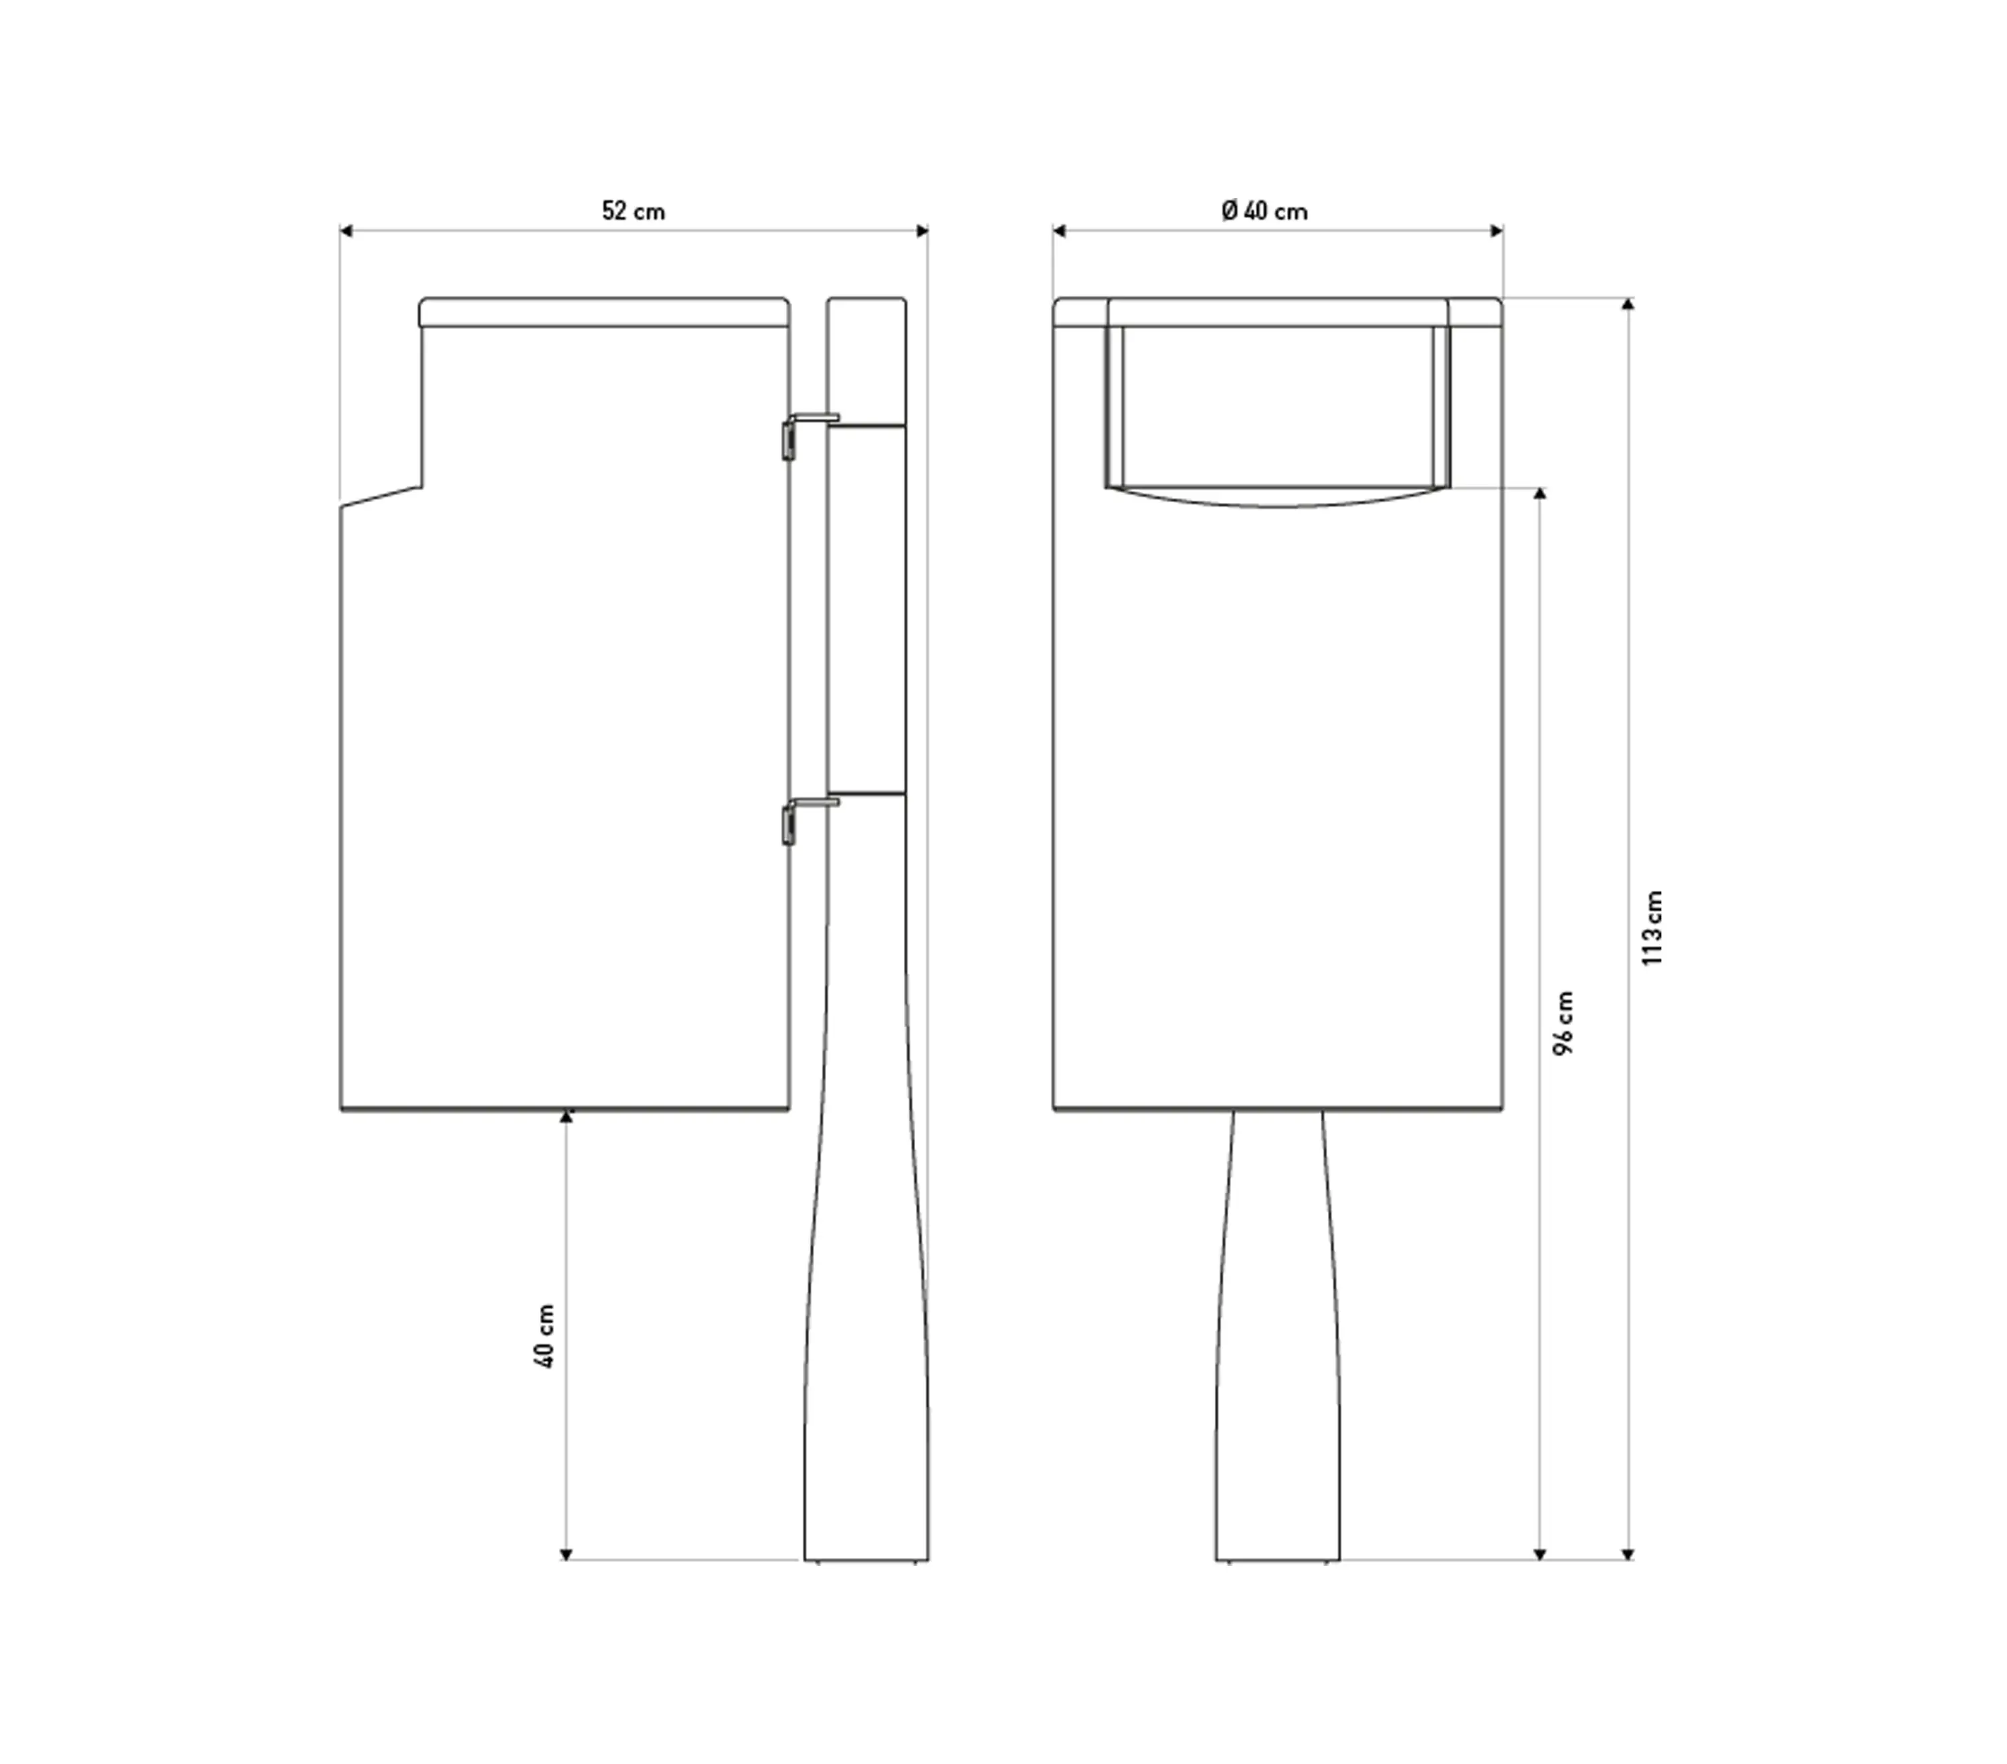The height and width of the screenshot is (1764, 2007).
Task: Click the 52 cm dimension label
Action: (x=634, y=211)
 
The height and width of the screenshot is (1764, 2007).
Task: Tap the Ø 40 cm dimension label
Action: (x=1264, y=211)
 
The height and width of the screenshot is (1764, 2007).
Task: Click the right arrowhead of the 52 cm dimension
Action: (x=922, y=231)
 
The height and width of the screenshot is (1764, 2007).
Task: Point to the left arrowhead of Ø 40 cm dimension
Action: (x=1058, y=231)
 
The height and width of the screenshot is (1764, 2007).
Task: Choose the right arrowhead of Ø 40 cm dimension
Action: (x=1497, y=231)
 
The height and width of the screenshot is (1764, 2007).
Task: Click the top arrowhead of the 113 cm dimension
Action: (x=1628, y=304)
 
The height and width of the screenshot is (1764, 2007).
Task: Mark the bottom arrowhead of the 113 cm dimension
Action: (x=1628, y=1554)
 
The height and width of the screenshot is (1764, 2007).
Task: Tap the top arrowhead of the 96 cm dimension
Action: (x=1539, y=493)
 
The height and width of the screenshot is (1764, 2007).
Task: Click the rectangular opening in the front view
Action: (x=1277, y=407)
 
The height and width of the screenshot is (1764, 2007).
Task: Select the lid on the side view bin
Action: (x=604, y=312)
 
